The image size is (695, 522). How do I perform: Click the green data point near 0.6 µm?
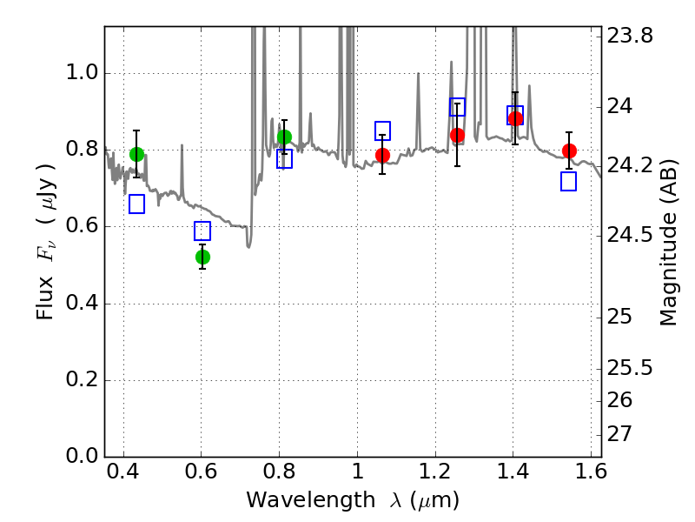click(202, 257)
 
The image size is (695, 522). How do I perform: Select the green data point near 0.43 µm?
click(137, 155)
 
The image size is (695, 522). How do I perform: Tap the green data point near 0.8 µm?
click(285, 137)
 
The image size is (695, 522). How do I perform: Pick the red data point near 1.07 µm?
click(382, 156)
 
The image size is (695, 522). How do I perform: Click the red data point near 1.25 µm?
click(458, 136)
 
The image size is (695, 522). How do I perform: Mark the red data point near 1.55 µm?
click(569, 151)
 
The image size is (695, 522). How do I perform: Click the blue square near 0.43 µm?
click(137, 204)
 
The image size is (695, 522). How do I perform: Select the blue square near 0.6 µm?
click(202, 231)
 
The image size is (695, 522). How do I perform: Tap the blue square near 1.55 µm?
click(569, 182)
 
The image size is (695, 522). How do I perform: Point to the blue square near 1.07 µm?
click(382, 130)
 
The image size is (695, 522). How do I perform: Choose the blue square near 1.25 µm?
click(458, 107)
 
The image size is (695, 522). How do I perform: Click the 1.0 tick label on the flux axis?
click(82, 72)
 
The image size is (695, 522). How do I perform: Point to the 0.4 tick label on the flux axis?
click(82, 303)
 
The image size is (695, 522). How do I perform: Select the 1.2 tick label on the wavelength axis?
click(435, 472)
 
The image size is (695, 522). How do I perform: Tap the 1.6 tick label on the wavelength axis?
click(591, 472)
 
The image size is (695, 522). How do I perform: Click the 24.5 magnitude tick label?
click(630, 234)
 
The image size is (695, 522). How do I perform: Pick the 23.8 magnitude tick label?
click(630, 36)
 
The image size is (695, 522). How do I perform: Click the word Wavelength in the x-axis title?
click(311, 500)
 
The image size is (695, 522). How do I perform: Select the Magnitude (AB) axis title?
click(668, 243)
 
